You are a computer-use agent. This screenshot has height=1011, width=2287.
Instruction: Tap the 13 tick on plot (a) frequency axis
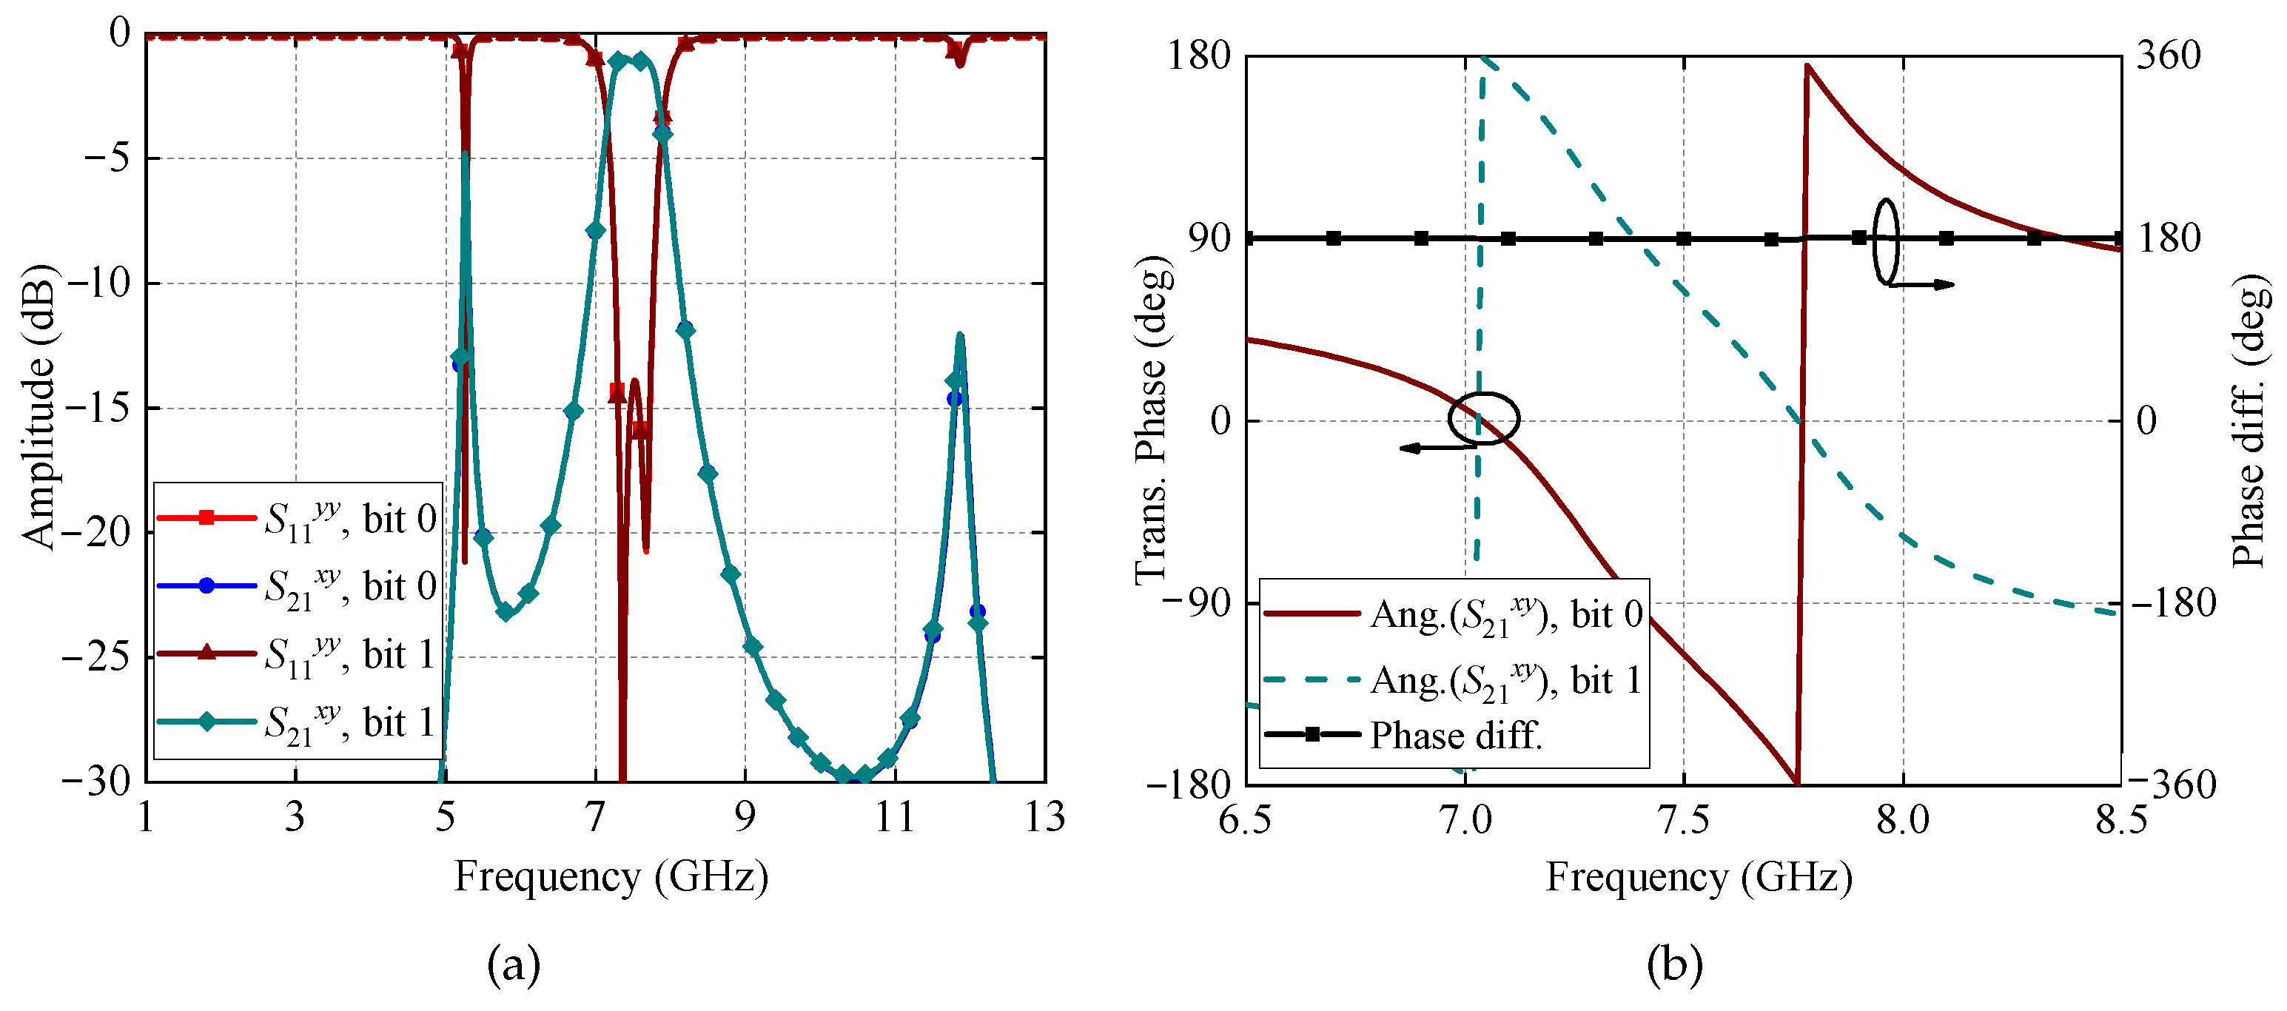[1045, 816]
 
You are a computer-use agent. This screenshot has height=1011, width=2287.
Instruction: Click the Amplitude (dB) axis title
[37, 406]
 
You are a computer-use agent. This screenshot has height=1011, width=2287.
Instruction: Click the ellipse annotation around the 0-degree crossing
[1483, 418]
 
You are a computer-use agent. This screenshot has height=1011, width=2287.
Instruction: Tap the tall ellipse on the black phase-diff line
[1886, 241]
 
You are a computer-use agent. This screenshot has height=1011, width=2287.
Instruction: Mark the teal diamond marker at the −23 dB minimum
[506, 611]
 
